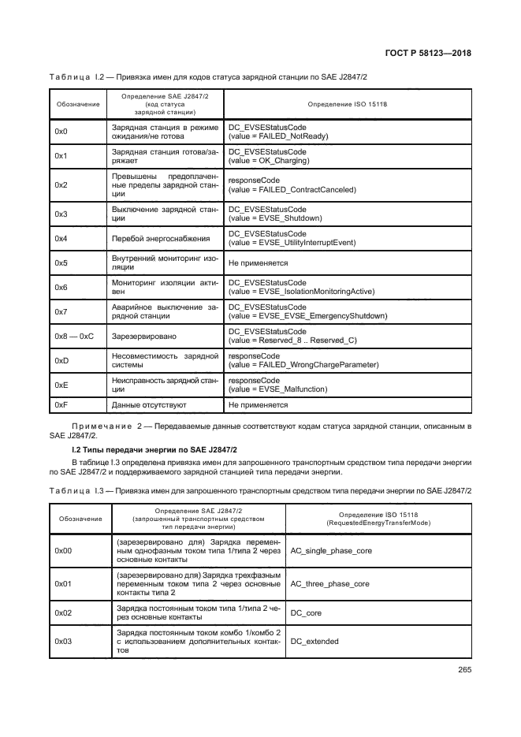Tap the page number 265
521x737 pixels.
(x=463, y=671)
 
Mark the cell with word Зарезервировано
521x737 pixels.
(x=144, y=337)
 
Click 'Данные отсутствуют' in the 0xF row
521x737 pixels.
(x=149, y=405)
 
